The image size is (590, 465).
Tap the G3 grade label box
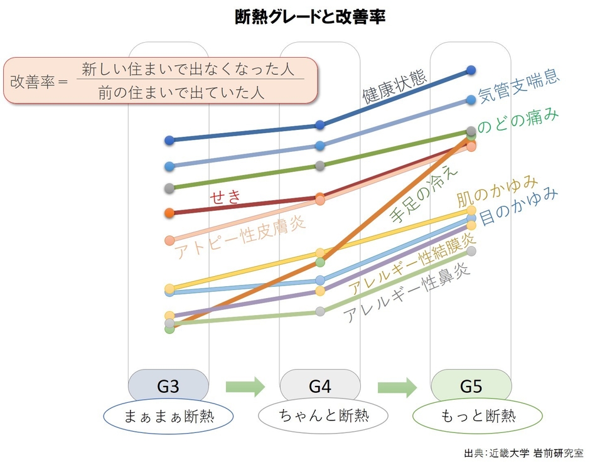pyautogui.click(x=168, y=386)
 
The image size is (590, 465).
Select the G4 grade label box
pyautogui.click(x=319, y=386)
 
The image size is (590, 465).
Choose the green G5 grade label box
pyautogui.click(x=471, y=386)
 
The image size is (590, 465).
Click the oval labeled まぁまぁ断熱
pyautogui.click(x=169, y=416)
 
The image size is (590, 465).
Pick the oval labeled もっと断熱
pyautogui.click(x=476, y=416)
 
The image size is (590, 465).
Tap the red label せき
pyautogui.click(x=225, y=197)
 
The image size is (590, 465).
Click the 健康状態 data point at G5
pyautogui.click(x=471, y=70)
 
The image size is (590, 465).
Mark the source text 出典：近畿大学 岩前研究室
pyautogui.click(x=523, y=452)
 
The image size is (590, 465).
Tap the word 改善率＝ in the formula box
pyautogui.click(x=39, y=82)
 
